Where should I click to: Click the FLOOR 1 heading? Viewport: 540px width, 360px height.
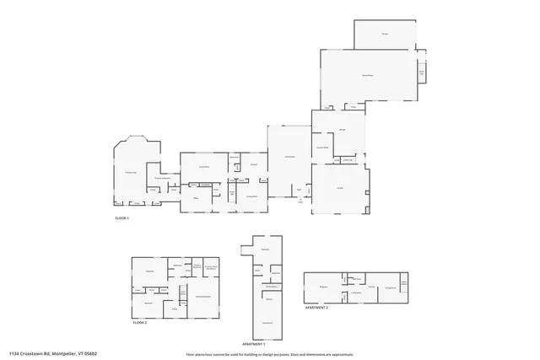[x=123, y=218]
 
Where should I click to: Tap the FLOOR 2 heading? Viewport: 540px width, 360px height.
[x=140, y=323]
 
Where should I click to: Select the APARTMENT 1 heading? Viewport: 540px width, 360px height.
[x=254, y=345]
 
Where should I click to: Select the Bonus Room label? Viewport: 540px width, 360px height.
[x=368, y=76]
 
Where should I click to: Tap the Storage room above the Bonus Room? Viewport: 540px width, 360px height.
[x=385, y=34]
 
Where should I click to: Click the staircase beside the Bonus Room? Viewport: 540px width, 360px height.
[x=422, y=76]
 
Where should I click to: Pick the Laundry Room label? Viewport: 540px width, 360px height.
[x=322, y=148]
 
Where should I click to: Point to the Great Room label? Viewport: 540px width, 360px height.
[x=289, y=157]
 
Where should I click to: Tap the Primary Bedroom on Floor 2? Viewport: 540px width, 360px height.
[x=202, y=297]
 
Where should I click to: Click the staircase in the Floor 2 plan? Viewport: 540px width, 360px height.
[x=181, y=292]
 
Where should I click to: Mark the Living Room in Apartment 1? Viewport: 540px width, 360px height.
[x=267, y=323]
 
